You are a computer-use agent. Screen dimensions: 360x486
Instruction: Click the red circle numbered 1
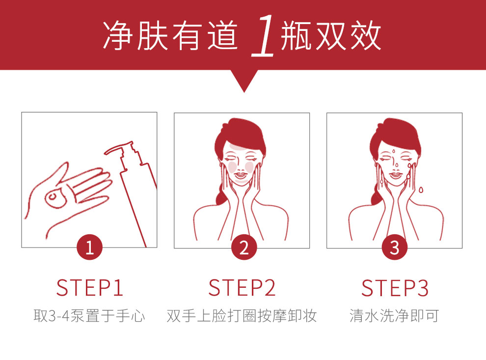pos(89,248)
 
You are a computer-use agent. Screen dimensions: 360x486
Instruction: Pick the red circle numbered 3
pos(395,248)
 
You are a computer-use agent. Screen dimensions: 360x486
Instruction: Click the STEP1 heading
pos(89,288)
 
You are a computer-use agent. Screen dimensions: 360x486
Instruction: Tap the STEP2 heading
pos(242,288)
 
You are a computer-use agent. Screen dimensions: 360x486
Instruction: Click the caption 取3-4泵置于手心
pos(89,316)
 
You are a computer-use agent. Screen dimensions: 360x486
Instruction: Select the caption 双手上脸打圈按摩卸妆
pos(242,316)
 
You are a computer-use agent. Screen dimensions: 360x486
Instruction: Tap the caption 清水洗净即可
pos(394,316)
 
